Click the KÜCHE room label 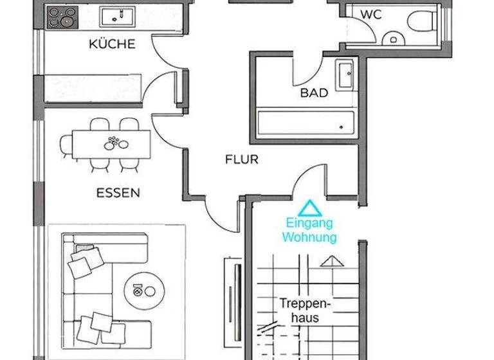pos(112,44)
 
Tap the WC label pos(371,14)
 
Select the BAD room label pos(314,93)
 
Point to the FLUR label pos(241,159)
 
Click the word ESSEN pos(118,192)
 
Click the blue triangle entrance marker pos(310,208)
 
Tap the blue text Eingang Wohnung pos(309,231)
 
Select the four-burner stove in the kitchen pos(61,17)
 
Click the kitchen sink pos(117,15)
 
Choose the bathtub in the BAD pos(306,122)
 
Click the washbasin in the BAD pos(343,76)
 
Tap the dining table pos(111,143)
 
